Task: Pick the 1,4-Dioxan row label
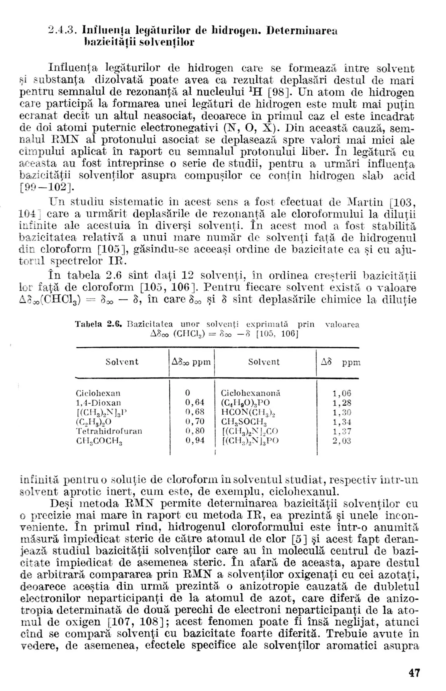coord(98,403)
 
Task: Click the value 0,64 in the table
coord(195,403)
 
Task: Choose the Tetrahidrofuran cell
coord(109,431)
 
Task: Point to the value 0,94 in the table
coord(195,440)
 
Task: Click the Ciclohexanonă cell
coord(250,393)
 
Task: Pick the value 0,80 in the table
coord(195,431)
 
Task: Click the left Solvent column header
coord(122,362)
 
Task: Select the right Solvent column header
coord(264,362)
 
